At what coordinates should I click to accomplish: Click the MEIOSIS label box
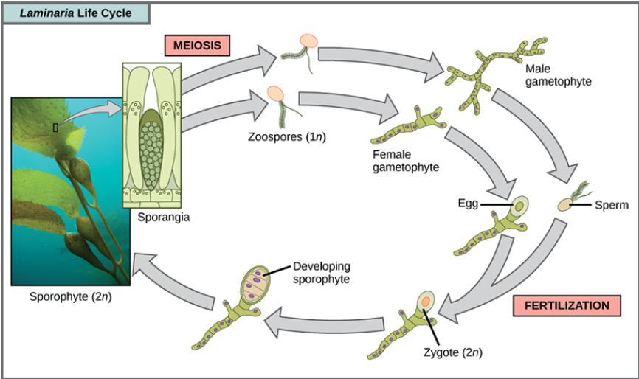(197, 46)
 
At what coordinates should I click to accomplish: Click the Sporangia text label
(163, 218)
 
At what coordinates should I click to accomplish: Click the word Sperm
(610, 205)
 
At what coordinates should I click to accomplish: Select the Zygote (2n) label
(457, 352)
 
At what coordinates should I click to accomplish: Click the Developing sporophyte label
(321, 273)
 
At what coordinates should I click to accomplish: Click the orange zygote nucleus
(426, 301)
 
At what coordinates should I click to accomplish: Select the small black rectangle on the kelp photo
(55, 128)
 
